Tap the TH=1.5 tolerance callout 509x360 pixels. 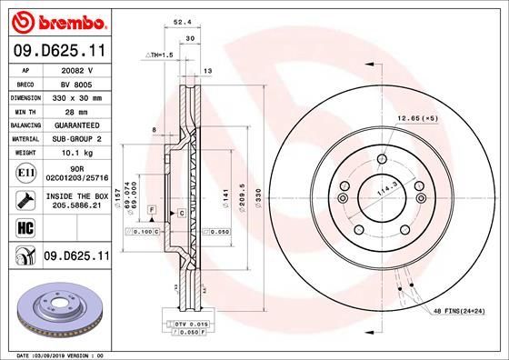(x=161, y=55)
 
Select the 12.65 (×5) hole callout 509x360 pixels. (x=416, y=117)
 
